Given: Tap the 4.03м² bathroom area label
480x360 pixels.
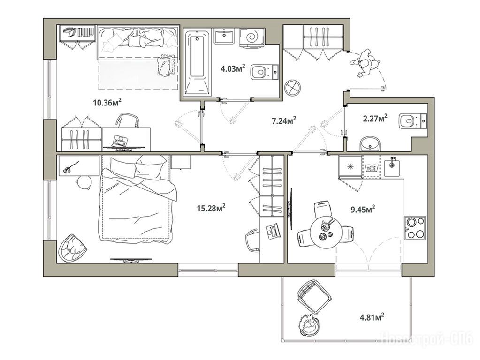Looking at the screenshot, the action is tap(233, 68).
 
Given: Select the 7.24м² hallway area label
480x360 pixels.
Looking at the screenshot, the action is tap(284, 120).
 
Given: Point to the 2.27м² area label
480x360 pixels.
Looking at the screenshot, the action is tap(375, 118).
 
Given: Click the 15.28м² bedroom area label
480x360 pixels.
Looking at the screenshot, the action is tap(211, 208).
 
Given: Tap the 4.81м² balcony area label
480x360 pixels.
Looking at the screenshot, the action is tap(372, 316).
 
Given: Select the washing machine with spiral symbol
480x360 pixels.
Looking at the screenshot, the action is tap(251, 38).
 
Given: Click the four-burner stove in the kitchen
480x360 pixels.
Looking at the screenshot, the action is tap(415, 227).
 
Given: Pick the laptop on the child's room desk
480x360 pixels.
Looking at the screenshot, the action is tap(120, 141).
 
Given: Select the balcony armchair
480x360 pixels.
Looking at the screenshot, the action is tap(314, 296).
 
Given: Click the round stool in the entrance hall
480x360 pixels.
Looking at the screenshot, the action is tap(293, 88).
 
